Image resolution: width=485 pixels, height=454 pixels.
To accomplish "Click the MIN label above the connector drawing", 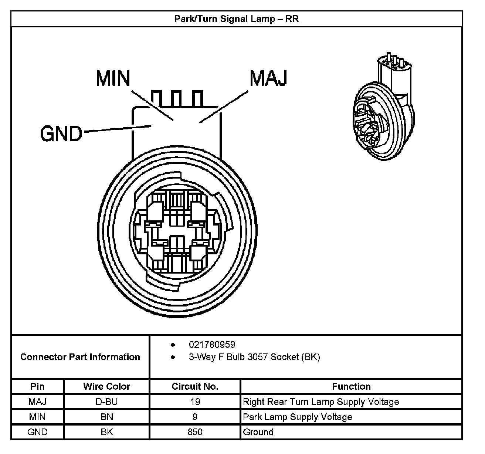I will point(113,78).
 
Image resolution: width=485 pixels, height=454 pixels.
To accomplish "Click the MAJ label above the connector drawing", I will point(268,78).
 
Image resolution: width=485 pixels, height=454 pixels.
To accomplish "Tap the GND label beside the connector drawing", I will point(61,133).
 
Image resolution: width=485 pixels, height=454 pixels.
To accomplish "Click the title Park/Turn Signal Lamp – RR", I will point(237,19).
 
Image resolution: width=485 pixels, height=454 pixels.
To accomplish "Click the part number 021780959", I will point(212,345).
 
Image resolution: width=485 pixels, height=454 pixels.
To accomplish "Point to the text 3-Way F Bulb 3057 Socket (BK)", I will point(254,357).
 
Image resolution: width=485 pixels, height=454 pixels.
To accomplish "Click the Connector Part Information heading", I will point(80,357).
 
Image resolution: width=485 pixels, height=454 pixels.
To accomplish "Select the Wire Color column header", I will point(107,386).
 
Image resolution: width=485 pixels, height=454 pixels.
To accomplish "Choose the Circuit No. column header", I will point(195,386).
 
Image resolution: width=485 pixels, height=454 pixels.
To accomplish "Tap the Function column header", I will point(351,386).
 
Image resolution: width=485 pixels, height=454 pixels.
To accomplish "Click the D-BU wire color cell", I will point(107,402).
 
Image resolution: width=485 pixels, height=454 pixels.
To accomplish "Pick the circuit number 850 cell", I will point(195,432).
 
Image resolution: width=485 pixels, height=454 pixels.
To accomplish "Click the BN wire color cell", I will point(107,417).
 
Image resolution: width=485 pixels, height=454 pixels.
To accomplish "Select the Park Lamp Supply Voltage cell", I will point(298,417).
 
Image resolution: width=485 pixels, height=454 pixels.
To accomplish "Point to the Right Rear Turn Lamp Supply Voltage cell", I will point(321,402).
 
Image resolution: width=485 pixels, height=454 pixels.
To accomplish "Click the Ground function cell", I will point(258,432).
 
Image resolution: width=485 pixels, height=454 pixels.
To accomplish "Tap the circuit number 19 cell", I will point(195,402).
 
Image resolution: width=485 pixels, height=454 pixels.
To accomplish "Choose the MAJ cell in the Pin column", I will point(37,402).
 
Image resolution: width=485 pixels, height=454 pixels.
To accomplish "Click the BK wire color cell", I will point(107,432).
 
